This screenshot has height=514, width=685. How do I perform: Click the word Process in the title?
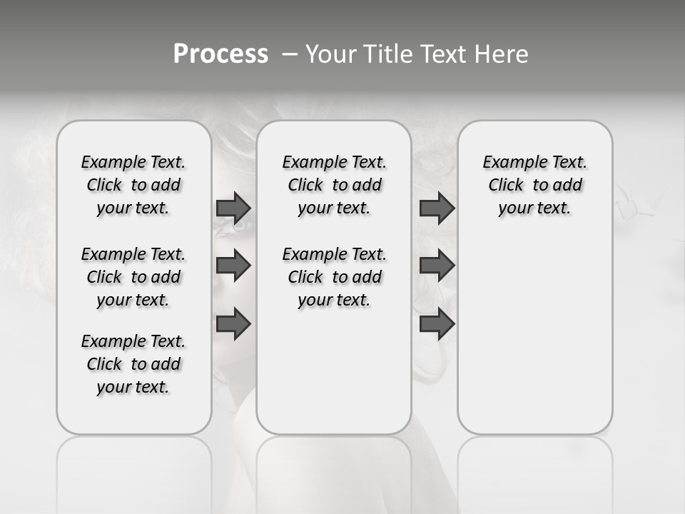pyautogui.click(x=220, y=54)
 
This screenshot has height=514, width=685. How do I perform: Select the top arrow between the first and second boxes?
pyautogui.click(x=233, y=208)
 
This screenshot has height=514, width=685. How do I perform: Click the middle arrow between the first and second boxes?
pyautogui.click(x=233, y=266)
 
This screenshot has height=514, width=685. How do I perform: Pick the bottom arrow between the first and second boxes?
pyautogui.click(x=233, y=324)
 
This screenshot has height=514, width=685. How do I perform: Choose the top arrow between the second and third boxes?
pyautogui.click(x=437, y=208)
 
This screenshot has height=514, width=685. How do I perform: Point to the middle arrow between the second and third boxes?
pyautogui.click(x=437, y=266)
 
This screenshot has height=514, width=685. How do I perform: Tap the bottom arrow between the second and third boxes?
pyautogui.click(x=437, y=324)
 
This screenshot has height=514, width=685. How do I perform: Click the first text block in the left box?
pyautogui.click(x=133, y=185)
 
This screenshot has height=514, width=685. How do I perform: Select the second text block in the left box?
pyautogui.click(x=133, y=277)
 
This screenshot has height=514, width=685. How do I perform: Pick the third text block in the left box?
pyautogui.click(x=133, y=364)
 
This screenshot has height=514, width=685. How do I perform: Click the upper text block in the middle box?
pyautogui.click(x=334, y=185)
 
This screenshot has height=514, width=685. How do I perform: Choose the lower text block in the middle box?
pyautogui.click(x=334, y=277)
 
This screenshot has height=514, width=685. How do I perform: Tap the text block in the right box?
pyautogui.click(x=534, y=185)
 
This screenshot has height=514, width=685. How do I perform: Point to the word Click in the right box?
pyautogui.click(x=506, y=185)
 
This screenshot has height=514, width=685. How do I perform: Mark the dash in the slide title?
pyautogui.click(x=290, y=54)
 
